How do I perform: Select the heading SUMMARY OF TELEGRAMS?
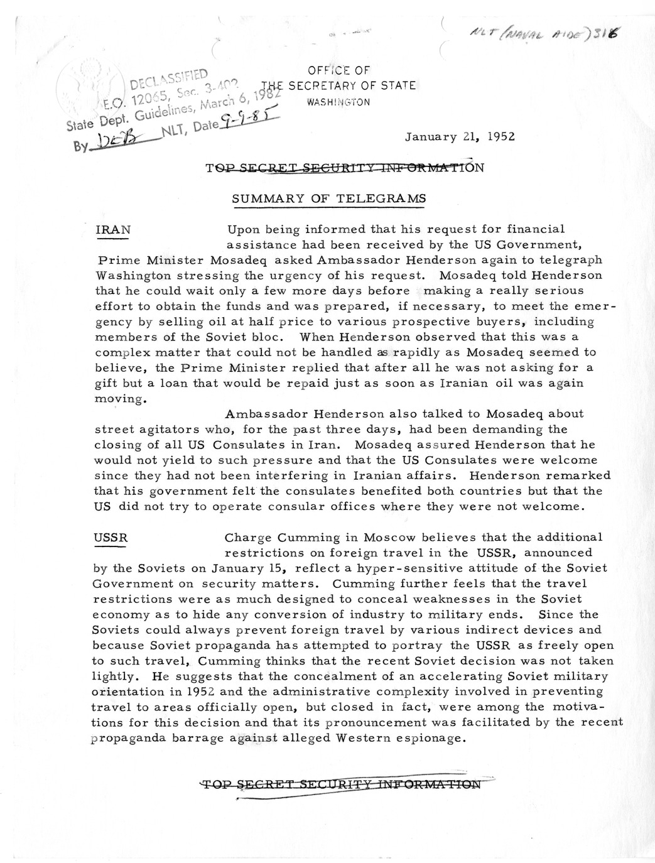329,198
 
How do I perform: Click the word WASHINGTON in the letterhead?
339,102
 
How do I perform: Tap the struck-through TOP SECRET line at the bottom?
340,784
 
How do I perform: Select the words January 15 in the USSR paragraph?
247,568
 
